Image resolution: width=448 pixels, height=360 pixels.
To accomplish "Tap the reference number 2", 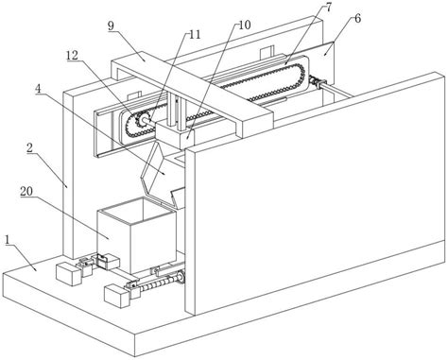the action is (30, 148).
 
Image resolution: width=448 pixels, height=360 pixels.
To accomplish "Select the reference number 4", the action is (39, 89).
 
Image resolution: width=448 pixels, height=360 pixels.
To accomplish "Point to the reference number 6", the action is (357, 19).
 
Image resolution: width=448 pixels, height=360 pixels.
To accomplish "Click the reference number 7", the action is (328, 8).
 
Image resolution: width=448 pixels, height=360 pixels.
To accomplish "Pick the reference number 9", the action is (111, 26).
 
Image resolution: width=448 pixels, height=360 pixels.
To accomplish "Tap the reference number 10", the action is (244, 25).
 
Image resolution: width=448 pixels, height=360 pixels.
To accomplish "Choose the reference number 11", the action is (195, 34).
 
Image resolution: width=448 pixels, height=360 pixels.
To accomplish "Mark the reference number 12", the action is (72, 56).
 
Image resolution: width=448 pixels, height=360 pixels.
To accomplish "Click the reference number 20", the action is (26, 191).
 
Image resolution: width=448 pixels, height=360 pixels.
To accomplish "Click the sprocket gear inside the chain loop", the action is (140, 120).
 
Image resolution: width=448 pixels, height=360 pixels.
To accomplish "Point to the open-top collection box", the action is (136, 234).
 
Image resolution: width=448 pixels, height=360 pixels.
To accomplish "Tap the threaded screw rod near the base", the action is (161, 283).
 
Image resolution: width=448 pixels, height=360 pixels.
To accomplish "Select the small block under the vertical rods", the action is (175, 135).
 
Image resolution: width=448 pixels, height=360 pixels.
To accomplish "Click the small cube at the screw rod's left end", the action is (116, 295).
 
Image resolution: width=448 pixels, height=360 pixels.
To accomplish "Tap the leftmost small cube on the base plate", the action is (68, 274).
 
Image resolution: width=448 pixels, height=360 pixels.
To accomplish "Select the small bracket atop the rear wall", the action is (267, 52).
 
